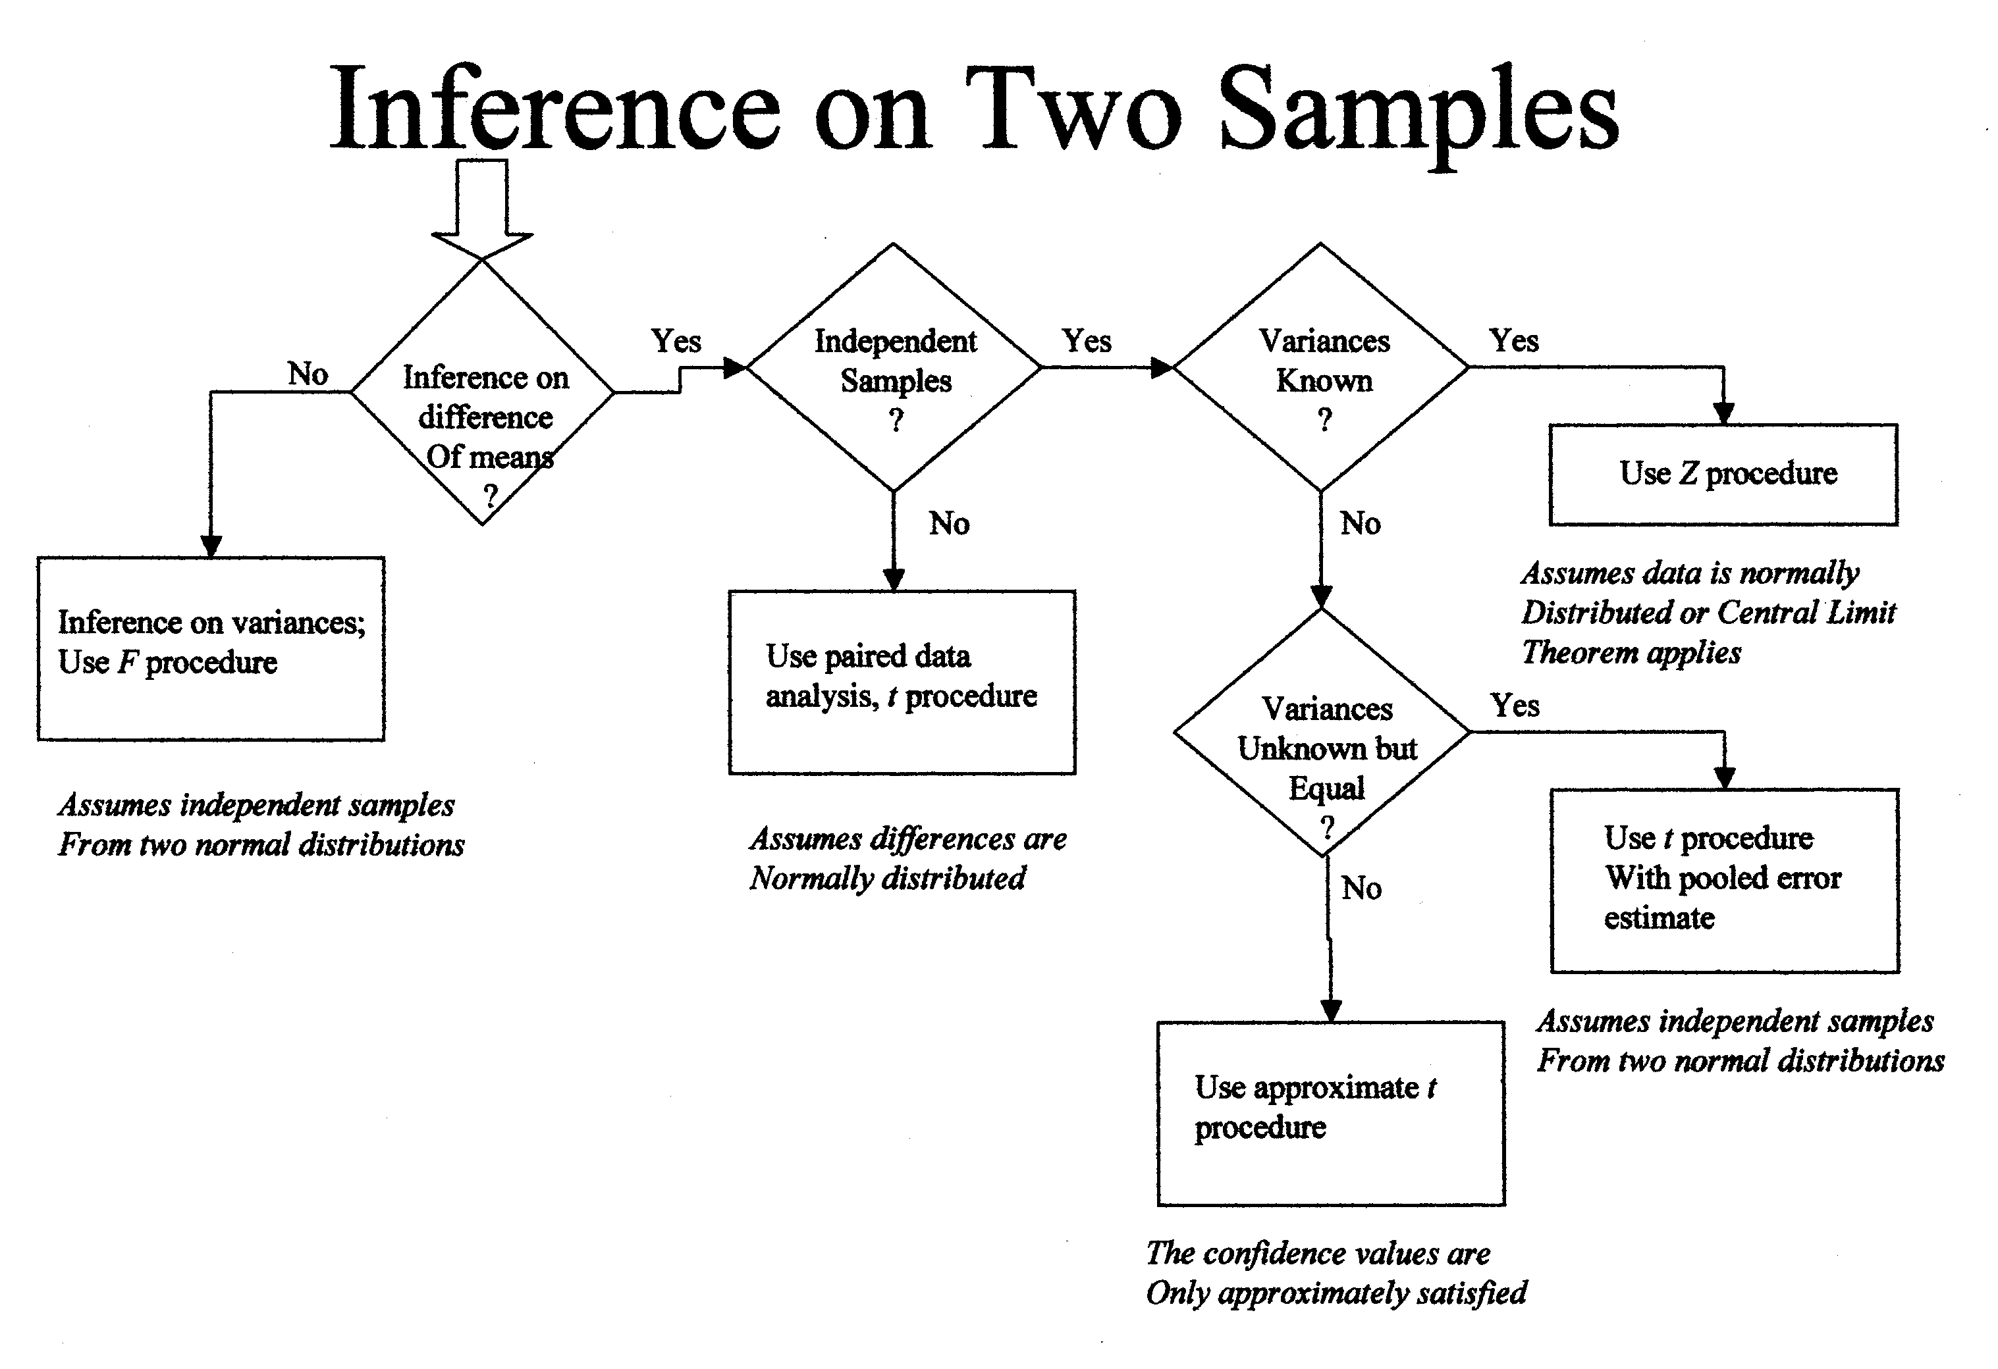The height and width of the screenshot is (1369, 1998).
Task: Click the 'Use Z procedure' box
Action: [x=1724, y=475]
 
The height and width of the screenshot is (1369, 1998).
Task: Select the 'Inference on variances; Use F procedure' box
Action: [x=211, y=649]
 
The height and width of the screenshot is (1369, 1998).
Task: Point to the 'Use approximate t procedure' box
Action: [x=1331, y=1113]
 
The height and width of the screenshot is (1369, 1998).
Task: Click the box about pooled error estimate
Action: [x=1725, y=880]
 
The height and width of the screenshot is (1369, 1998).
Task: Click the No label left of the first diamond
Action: [x=308, y=374]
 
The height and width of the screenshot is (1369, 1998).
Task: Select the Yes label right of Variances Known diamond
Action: [x=1514, y=340]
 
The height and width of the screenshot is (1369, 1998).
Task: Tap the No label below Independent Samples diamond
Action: [x=949, y=523]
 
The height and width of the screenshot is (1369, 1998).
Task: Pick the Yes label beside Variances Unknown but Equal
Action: [x=1515, y=706]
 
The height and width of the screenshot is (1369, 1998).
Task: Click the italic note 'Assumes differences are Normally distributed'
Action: [x=907, y=858]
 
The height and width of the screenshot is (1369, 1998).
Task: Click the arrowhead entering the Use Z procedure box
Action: [x=1724, y=413]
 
